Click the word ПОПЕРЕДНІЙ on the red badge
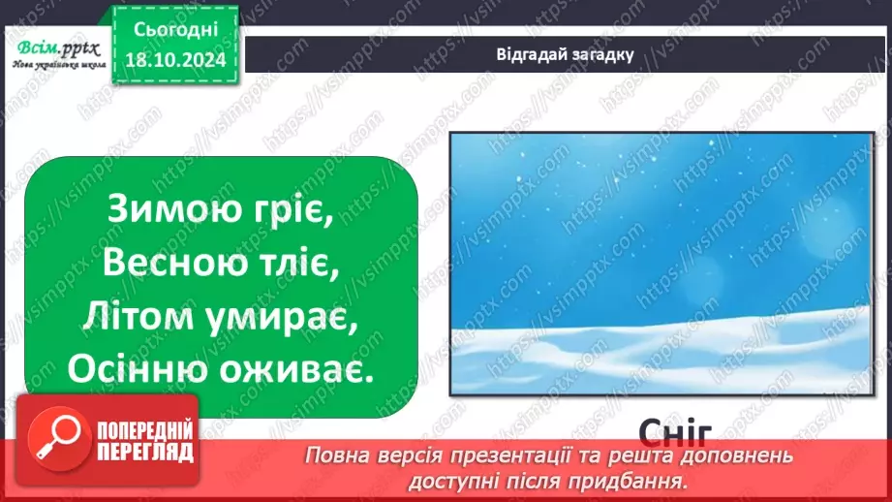point(139,429)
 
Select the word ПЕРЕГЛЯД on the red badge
point(139,451)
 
